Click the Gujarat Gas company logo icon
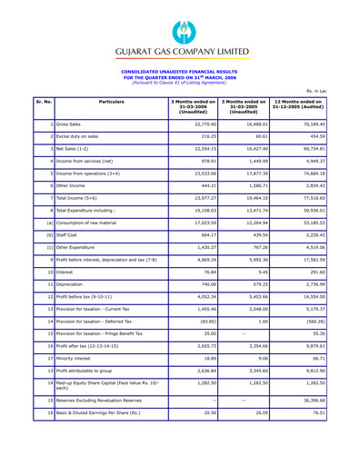tap(179, 18)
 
